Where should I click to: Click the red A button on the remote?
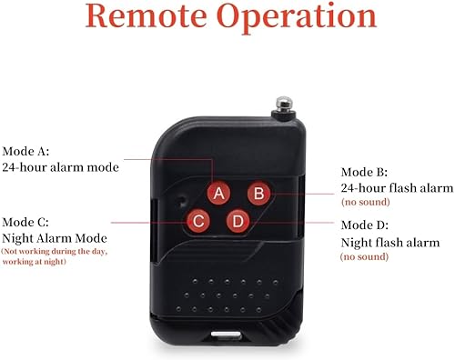(x=218, y=193)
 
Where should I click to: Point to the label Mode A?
(x=27, y=151)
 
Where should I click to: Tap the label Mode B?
(x=364, y=172)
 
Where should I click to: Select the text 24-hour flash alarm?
(x=396, y=188)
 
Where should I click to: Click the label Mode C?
(x=27, y=221)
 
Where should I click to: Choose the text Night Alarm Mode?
(x=55, y=237)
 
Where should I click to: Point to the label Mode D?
(x=365, y=225)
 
